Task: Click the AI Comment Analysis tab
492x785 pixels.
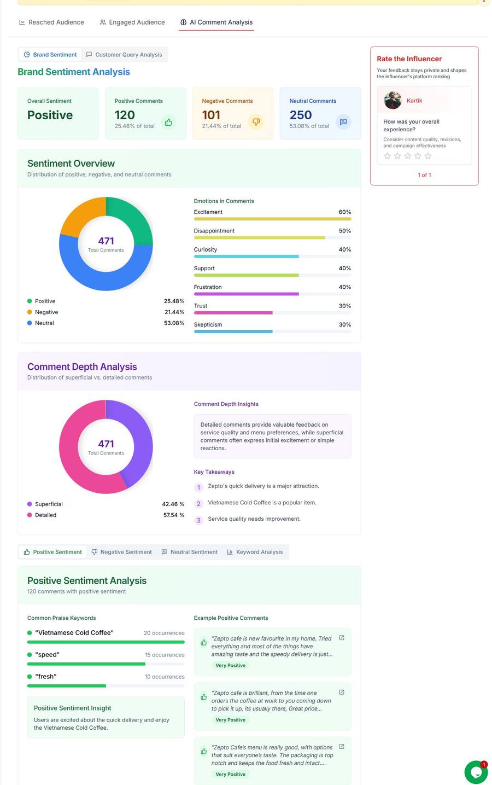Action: pyautogui.click(x=216, y=22)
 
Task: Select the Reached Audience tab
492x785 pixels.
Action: pyautogui.click(x=51, y=22)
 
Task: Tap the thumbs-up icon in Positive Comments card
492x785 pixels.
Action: pyautogui.click(x=168, y=122)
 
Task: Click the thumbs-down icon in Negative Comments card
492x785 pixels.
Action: pyautogui.click(x=256, y=122)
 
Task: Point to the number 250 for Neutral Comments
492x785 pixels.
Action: pyautogui.click(x=301, y=115)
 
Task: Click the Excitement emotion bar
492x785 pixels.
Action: pyautogui.click(x=272, y=219)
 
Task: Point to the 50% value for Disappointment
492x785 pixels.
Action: pyautogui.click(x=344, y=231)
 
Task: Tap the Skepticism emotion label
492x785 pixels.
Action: pyautogui.click(x=208, y=325)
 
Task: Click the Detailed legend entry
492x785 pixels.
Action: pyautogui.click(x=45, y=515)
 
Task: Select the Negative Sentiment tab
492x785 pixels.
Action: pyautogui.click(x=121, y=552)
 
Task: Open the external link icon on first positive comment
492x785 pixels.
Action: pyautogui.click(x=342, y=638)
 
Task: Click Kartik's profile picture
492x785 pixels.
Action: pyautogui.click(x=393, y=101)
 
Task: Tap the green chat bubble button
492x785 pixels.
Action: pyautogui.click(x=476, y=772)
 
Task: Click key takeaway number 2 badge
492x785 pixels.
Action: pyautogui.click(x=198, y=504)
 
